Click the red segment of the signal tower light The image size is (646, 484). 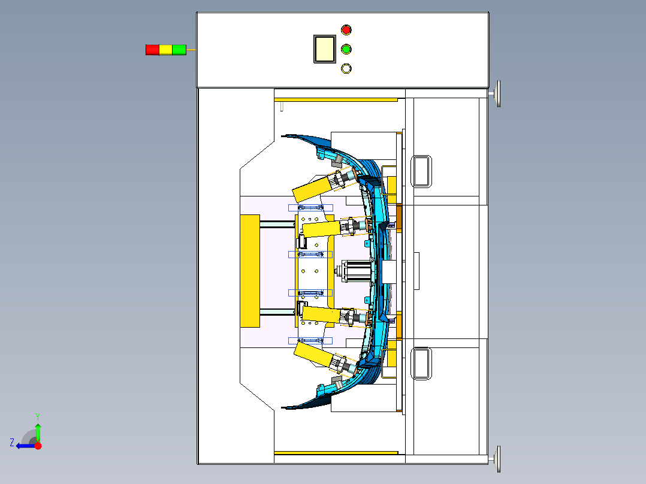[x=152, y=50]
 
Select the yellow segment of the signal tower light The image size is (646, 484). [x=165, y=50]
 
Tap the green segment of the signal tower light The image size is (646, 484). [x=179, y=50]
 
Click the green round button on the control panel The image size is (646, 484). [x=346, y=50]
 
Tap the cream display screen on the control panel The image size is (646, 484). [x=325, y=49]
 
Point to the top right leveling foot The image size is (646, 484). [x=497, y=94]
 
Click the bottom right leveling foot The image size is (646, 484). [x=497, y=459]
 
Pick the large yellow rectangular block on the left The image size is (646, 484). [x=250, y=271]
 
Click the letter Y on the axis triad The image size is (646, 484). [x=38, y=416]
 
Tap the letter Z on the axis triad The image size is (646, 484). [x=12, y=443]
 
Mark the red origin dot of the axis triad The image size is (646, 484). [x=38, y=446]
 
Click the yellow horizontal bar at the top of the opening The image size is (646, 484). [x=336, y=99]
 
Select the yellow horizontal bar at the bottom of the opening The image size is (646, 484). [x=336, y=453]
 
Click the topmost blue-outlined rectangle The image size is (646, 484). [x=310, y=208]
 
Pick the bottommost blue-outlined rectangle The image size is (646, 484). [x=310, y=341]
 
